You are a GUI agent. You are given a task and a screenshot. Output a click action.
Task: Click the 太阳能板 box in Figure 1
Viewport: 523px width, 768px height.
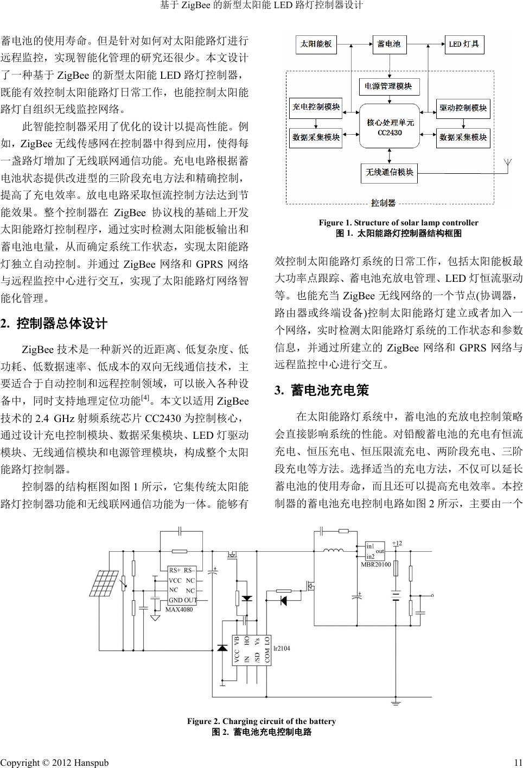[x=316, y=44]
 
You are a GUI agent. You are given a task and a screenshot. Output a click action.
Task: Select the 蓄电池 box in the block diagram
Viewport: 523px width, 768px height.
[x=389, y=44]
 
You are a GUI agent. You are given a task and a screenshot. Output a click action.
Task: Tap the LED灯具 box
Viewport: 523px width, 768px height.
[x=464, y=44]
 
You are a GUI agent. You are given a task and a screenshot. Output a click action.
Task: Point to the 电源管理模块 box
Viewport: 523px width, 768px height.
[x=388, y=86]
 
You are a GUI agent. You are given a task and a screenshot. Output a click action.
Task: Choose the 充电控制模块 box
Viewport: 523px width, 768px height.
[x=316, y=107]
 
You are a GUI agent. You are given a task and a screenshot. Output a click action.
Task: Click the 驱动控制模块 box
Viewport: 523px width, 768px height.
[x=463, y=108]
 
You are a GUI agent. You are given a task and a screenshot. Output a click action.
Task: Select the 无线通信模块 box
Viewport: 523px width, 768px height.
[x=389, y=172]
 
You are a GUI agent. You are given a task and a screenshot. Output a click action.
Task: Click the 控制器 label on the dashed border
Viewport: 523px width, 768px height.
[x=383, y=203]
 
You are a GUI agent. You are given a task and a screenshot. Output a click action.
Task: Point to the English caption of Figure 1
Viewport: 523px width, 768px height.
[x=398, y=223]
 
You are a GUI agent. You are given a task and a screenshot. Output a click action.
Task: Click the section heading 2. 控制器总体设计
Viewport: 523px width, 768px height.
[x=54, y=324]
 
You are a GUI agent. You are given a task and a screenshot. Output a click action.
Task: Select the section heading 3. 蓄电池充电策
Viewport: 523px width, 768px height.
[x=322, y=391]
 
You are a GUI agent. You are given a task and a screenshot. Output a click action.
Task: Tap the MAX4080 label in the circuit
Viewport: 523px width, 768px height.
[x=179, y=609]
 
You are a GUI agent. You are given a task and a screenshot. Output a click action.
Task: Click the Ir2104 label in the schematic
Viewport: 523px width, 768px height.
[x=282, y=648]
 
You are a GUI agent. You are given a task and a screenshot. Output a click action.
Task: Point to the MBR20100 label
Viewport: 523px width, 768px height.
[x=375, y=565]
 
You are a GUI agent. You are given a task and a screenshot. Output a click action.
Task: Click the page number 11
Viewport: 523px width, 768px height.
[x=518, y=763]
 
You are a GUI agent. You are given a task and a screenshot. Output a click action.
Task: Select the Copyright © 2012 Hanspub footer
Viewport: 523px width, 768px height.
[x=54, y=763]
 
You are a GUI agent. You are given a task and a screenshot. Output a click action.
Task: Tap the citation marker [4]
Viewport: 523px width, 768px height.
[x=145, y=398]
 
